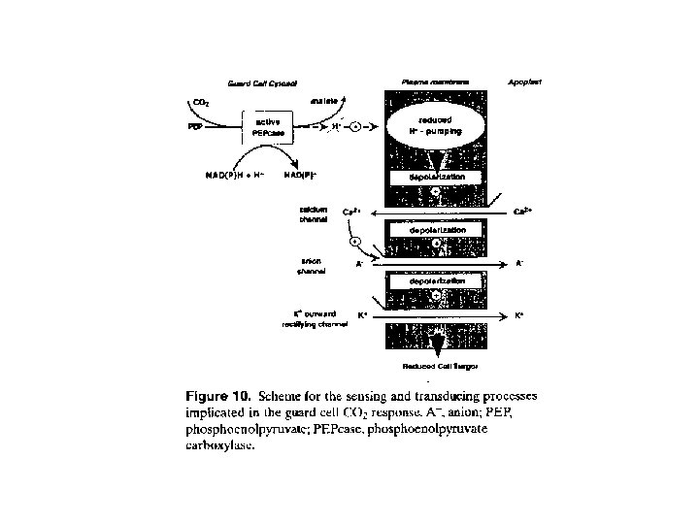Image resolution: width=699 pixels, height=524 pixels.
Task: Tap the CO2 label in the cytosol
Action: pyautogui.click(x=201, y=101)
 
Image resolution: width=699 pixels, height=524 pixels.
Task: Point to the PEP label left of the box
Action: pyautogui.click(x=195, y=126)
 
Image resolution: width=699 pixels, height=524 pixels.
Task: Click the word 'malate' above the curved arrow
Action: pyautogui.click(x=324, y=99)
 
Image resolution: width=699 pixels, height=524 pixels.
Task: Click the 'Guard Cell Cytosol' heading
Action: pyautogui.click(x=261, y=83)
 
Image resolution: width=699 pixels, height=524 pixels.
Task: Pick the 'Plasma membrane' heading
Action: pyautogui.click(x=430, y=82)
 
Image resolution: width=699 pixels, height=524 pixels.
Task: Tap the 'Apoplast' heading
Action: pyautogui.click(x=524, y=82)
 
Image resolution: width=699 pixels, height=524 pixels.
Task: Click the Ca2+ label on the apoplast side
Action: pyautogui.click(x=521, y=212)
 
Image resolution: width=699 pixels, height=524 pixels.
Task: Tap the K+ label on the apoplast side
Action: pyautogui.click(x=519, y=315)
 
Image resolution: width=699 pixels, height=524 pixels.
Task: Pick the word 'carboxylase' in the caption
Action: pyautogui.click(x=220, y=448)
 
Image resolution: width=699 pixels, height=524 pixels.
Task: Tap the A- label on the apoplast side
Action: pyautogui.click(x=519, y=263)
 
